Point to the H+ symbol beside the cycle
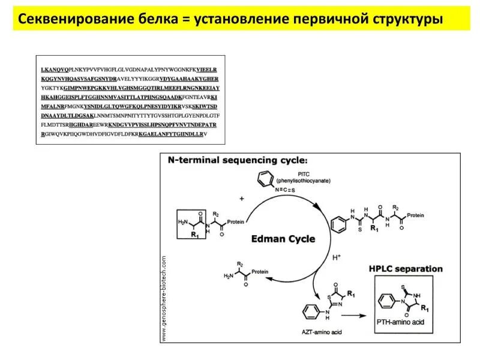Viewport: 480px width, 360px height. (336, 257)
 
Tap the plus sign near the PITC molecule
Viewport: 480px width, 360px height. (242, 198)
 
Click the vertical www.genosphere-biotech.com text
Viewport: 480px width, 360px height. (163, 298)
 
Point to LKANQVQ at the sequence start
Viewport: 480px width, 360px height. (55, 70)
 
